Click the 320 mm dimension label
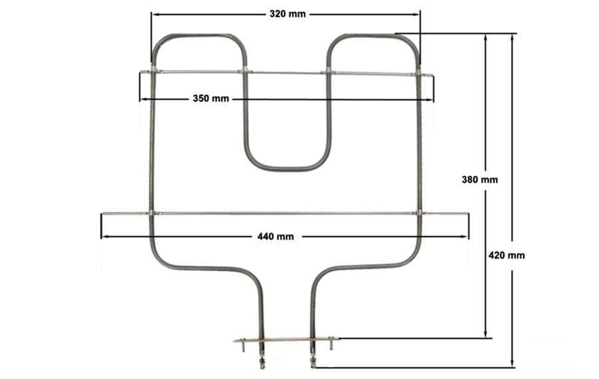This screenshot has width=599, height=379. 288,14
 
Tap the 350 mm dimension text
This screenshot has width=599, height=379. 211,98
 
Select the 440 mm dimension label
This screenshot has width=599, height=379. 276,237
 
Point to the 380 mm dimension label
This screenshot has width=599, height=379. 480,180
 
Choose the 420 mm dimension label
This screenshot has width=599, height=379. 506,255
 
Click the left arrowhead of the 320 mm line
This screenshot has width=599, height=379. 154,15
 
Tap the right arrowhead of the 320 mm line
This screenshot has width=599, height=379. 417,15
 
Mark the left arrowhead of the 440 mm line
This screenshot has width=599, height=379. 104,237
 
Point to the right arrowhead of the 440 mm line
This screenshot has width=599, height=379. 465,237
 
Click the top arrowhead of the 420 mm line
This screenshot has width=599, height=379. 512,38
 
